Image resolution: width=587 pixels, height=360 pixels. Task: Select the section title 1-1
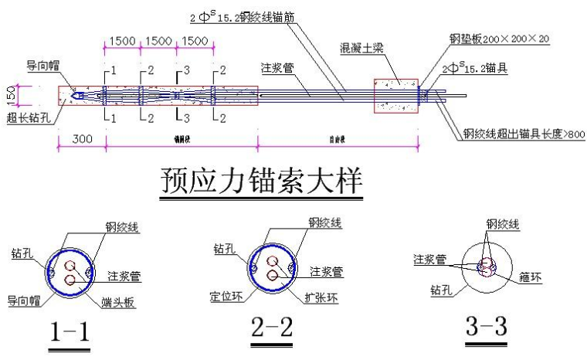[70, 331]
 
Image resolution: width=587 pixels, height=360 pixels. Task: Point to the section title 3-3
[486, 327]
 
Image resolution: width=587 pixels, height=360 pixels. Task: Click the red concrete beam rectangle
[395, 95]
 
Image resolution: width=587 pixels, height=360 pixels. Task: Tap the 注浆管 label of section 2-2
[327, 271]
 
